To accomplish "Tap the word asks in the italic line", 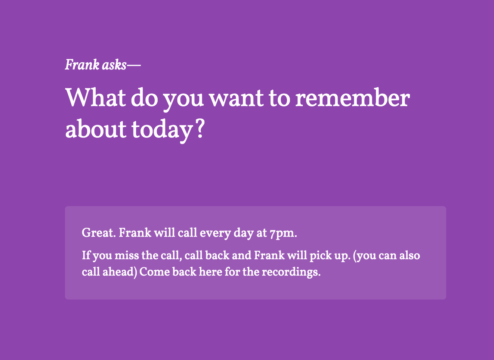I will coord(114,65).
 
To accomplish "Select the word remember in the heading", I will coord(352,98).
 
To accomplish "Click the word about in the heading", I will coord(96,129).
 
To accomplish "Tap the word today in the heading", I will coord(161,129).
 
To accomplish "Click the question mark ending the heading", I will coord(200,129).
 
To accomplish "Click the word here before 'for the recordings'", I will coord(210,271).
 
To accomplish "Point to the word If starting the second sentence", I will coord(86,256).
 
